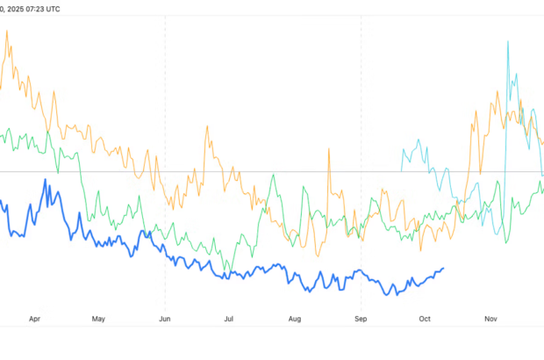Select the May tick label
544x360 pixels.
pyautogui.click(x=98, y=320)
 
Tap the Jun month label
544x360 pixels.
pyautogui.click(x=165, y=320)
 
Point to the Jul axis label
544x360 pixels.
pyautogui.click(x=229, y=320)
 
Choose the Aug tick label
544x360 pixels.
pyautogui.click(x=295, y=320)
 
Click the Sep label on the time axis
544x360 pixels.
pyautogui.click(x=361, y=320)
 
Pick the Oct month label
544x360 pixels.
pyautogui.click(x=426, y=320)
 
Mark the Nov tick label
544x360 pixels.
pyautogui.click(x=490, y=320)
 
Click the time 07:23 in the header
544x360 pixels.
pyautogui.click(x=43, y=8)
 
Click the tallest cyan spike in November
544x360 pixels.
pyautogui.click(x=508, y=41)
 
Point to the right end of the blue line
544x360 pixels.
pyautogui.click(x=443, y=269)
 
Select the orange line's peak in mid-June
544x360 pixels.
pyautogui.click(x=207, y=126)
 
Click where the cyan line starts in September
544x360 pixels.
pyautogui.click(x=401, y=149)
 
